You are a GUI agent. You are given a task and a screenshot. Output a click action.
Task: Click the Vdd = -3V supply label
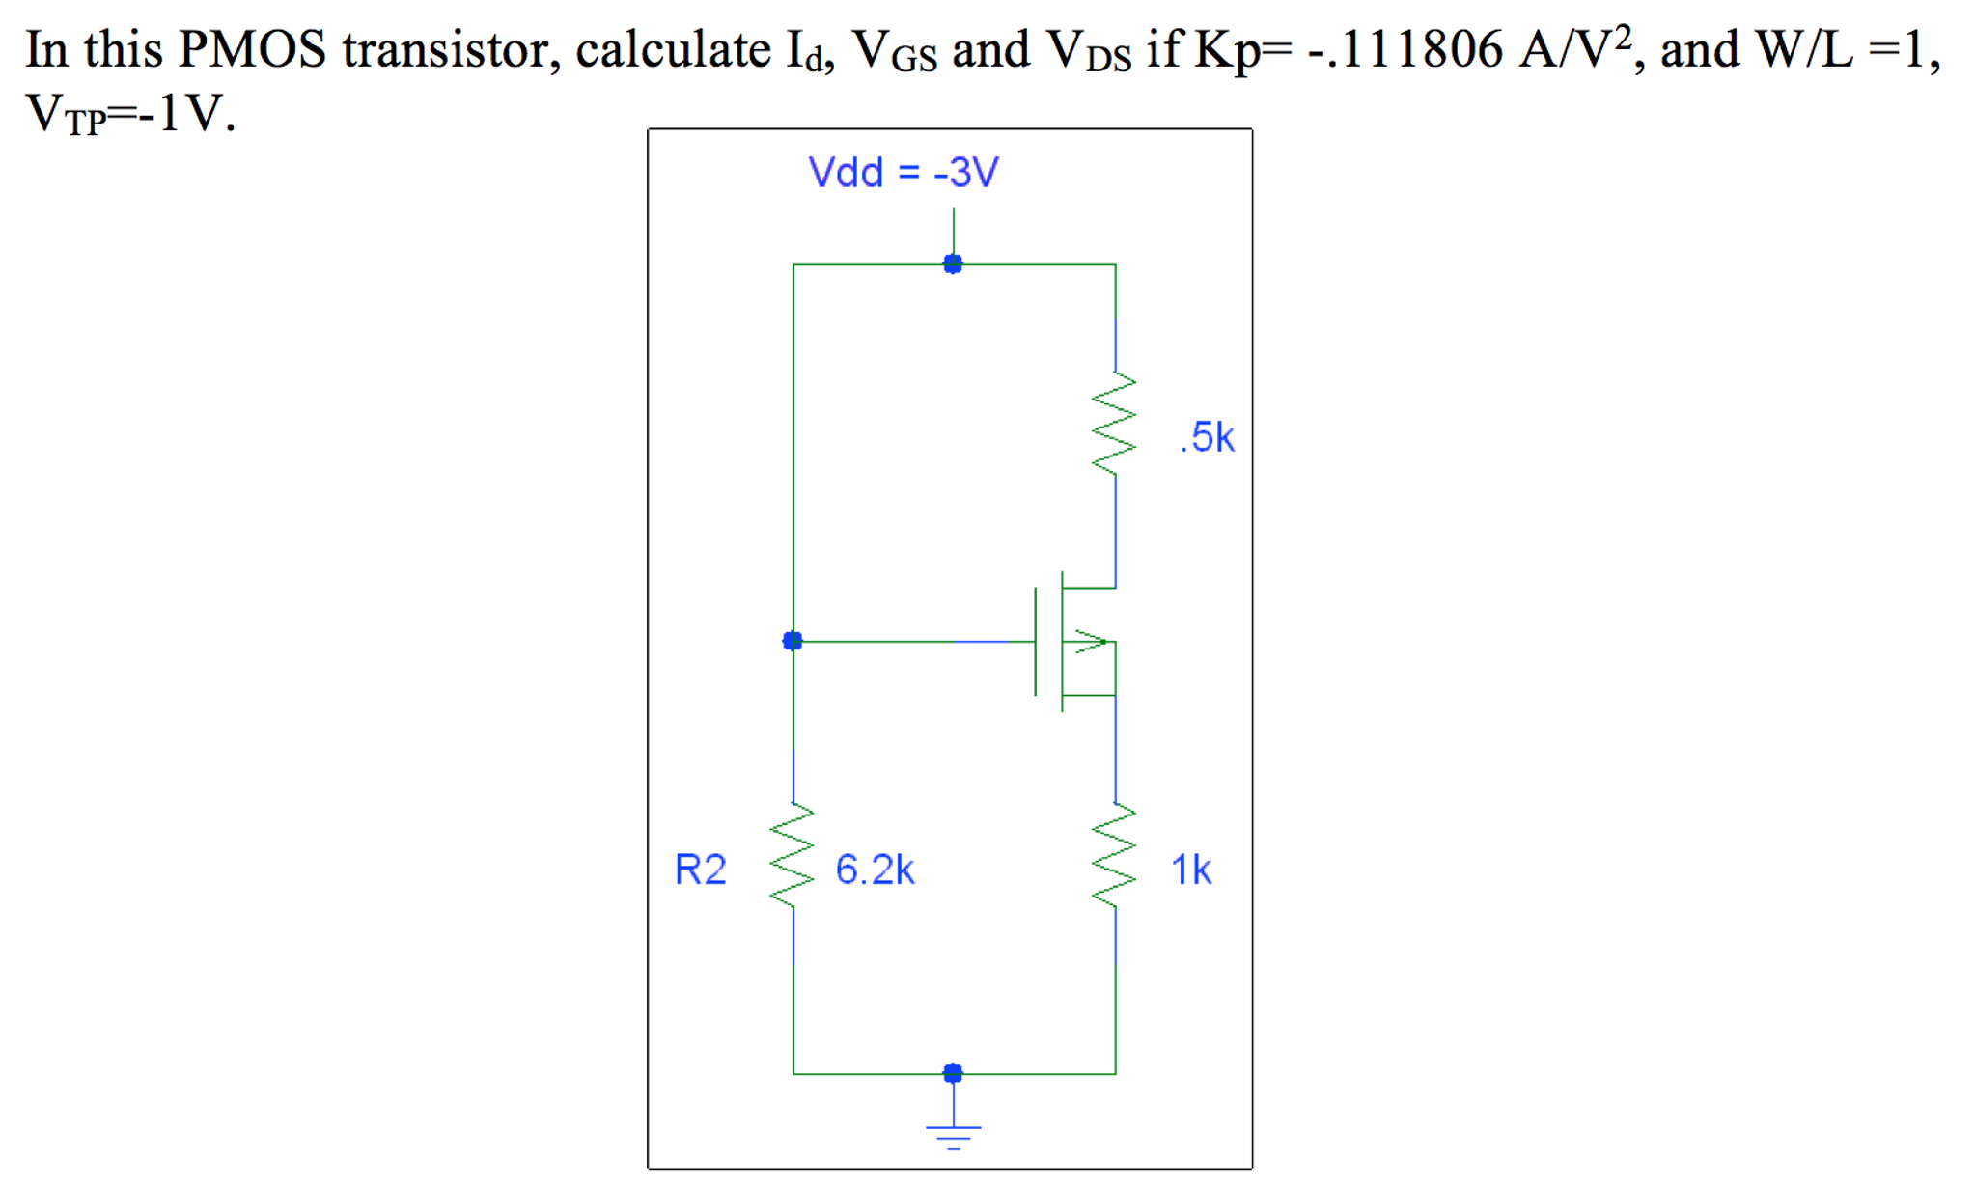[x=903, y=173]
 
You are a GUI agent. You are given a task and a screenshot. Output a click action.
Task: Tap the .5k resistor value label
[x=1207, y=437]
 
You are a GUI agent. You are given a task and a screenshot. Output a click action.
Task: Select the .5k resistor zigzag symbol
[x=1114, y=425]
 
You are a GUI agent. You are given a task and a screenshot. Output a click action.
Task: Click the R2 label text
[x=700, y=870]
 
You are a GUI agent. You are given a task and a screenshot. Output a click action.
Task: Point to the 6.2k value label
[x=875, y=870]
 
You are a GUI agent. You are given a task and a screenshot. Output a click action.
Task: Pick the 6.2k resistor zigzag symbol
[x=793, y=857]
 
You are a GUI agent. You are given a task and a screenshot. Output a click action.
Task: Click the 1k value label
[x=1190, y=870]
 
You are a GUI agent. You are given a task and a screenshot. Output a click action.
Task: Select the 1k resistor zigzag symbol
[x=1114, y=857]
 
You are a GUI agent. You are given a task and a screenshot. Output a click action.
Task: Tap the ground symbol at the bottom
[x=953, y=1135]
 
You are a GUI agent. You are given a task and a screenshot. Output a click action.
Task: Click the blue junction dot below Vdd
[x=953, y=263]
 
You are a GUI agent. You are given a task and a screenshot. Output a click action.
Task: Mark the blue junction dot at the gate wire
[x=793, y=641]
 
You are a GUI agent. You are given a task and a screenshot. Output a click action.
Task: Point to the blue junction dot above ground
[x=953, y=1073]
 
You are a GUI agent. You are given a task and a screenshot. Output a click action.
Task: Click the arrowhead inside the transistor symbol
[x=1092, y=641]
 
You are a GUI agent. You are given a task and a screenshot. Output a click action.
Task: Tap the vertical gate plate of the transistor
[x=1036, y=641]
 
